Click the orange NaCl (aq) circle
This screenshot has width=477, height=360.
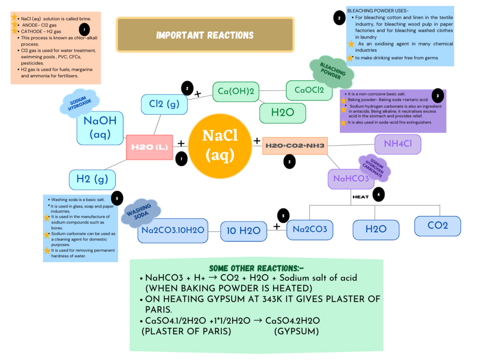pyautogui.click(x=220, y=146)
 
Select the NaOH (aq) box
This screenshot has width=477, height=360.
pyautogui.click(x=100, y=128)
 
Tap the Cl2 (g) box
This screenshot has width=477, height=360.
pyautogui.click(x=164, y=104)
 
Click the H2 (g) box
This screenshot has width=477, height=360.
pyautogui.click(x=92, y=179)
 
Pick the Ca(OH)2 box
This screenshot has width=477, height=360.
pyautogui.click(x=236, y=91)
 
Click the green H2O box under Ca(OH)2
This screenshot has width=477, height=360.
pyautogui.click(x=282, y=113)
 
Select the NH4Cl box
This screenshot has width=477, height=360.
pyautogui.click(x=398, y=144)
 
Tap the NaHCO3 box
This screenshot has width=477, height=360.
pyautogui.click(x=351, y=179)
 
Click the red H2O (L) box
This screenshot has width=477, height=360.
pyautogui.click(x=149, y=148)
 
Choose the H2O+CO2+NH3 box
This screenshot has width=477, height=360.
pyautogui.click(x=295, y=146)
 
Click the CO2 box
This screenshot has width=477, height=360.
pyautogui.click(x=437, y=226)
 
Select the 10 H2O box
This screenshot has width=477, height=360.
pyautogui.click(x=243, y=231)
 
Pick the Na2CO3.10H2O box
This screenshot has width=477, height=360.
pyautogui.click(x=173, y=231)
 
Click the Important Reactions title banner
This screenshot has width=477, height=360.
pyautogui.click(x=205, y=35)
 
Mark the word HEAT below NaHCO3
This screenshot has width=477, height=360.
pyautogui.click(x=360, y=196)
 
